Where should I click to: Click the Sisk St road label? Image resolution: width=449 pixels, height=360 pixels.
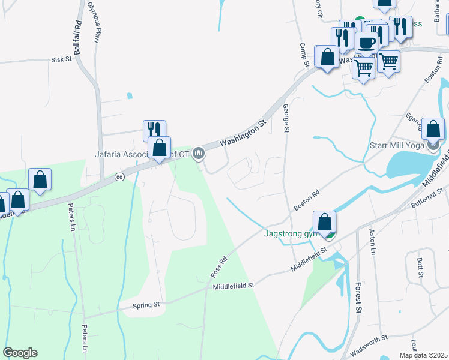pyautogui.click(x=61, y=60)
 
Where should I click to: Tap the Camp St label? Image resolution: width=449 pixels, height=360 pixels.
pyautogui.click(x=304, y=55)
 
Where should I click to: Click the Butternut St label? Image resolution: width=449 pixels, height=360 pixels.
pyautogui.click(x=427, y=198)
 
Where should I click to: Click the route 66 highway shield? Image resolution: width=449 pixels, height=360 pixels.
pyautogui.click(x=119, y=177)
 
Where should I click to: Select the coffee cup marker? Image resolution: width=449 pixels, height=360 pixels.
pyautogui.click(x=366, y=43)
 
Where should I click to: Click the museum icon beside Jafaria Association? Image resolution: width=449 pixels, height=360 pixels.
pyautogui.click(x=199, y=154)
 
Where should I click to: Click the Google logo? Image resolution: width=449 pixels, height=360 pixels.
pyautogui.click(x=20, y=353)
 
